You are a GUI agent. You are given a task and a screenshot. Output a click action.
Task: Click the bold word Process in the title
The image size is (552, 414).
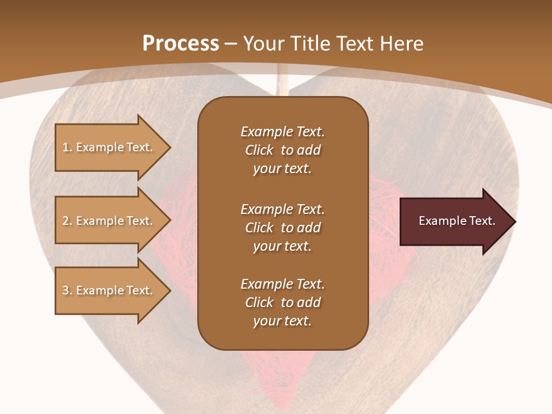pos(181,44)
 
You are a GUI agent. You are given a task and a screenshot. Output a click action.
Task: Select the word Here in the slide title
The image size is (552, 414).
pos(401,44)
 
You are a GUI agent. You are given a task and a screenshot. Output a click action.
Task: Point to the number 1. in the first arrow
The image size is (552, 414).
pos(67,147)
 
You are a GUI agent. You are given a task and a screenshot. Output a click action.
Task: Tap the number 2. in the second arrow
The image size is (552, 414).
pos(67,221)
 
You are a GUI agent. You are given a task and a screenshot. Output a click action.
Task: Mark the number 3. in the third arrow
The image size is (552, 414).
pos(67,290)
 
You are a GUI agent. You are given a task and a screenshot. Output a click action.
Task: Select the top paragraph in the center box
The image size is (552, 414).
pos(282,150)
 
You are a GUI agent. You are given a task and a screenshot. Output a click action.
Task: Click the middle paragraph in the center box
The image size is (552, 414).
pos(282,228)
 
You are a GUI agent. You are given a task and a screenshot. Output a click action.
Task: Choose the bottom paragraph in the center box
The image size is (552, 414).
pos(282,302)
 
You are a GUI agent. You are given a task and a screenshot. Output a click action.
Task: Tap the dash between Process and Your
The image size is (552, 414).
pos(231,44)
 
